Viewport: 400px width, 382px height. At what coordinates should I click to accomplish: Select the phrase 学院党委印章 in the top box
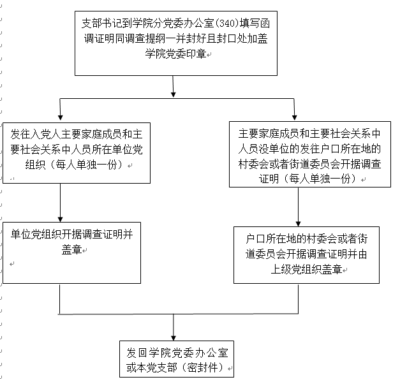pos(176,54)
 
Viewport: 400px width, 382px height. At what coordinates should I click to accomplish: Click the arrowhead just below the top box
pos(174,94)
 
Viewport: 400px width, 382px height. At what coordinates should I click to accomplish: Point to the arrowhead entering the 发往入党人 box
pos(60,117)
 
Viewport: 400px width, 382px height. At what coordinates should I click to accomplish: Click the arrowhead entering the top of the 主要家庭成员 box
pos(294,117)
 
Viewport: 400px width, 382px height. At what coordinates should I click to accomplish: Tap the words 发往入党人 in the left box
pos(36,134)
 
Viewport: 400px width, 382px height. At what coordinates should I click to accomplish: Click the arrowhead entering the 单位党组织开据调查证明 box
pos(60,219)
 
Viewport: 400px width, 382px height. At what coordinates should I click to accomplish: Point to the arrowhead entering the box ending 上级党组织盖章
pos(298,224)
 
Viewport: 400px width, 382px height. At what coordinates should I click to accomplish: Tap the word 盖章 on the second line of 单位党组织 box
pos(71,249)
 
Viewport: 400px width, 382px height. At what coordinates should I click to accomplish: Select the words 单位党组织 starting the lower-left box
pos(36,234)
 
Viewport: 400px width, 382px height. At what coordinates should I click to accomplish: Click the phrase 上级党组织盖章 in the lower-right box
pos(306,269)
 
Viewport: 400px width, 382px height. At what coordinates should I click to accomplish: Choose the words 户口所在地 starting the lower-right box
pos(271,239)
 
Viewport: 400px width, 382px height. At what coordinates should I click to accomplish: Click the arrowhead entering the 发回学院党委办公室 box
pos(174,338)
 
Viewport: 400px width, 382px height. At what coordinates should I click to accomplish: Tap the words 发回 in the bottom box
pos(137,353)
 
